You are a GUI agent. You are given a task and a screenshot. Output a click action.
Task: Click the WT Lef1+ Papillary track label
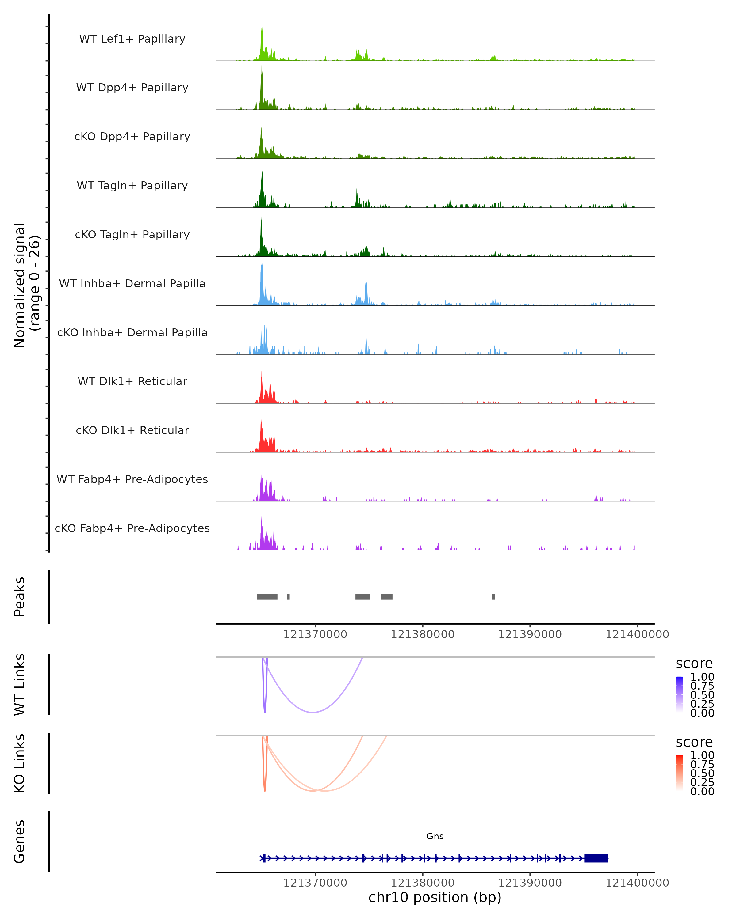click(132, 39)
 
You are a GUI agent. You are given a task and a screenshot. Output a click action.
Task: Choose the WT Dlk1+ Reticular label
click(132, 381)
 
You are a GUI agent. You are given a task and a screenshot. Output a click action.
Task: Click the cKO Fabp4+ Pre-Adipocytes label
click(132, 528)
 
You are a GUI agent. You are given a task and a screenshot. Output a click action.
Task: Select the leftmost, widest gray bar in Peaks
click(267, 597)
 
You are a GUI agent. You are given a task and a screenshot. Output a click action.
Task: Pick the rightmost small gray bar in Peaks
click(493, 597)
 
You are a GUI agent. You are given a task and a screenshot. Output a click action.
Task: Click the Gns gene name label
click(435, 836)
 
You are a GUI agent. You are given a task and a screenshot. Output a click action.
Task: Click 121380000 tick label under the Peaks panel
click(422, 634)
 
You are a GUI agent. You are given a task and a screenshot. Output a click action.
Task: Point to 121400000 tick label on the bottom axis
click(637, 883)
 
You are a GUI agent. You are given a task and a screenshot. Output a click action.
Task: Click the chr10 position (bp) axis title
click(435, 897)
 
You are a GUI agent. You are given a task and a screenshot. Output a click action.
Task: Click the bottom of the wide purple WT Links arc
click(313, 712)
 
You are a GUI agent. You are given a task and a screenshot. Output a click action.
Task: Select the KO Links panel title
click(20, 763)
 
